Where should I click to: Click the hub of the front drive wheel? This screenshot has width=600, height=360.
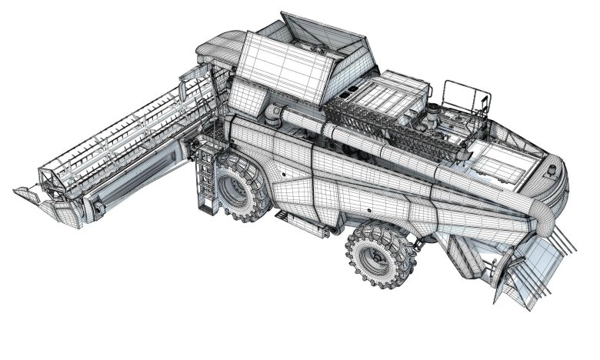pos(235,188)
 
